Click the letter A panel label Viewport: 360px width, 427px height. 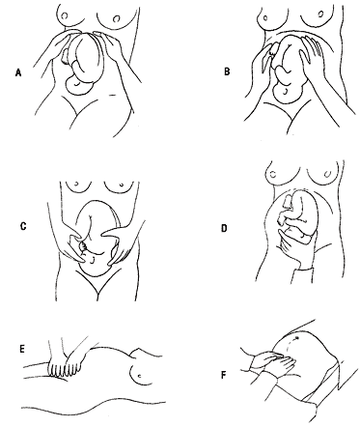(18, 73)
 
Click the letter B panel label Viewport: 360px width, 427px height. (227, 71)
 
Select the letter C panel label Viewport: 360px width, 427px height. (23, 227)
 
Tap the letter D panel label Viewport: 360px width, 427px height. (224, 228)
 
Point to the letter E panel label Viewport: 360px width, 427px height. (22, 349)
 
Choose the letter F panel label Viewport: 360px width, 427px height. (223, 375)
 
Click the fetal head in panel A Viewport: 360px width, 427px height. (78, 85)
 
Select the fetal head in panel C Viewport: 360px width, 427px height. (95, 265)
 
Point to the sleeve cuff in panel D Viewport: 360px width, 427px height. (302, 274)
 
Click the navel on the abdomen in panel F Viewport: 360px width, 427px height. (296, 338)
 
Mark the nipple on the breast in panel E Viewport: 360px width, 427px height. (139, 376)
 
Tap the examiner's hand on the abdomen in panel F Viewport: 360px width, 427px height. (273, 362)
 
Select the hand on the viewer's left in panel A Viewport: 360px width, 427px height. (54, 48)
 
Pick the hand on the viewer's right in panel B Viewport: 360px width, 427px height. (311, 55)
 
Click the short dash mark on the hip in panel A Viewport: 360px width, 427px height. (113, 95)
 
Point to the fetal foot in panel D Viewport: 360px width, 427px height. (288, 203)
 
